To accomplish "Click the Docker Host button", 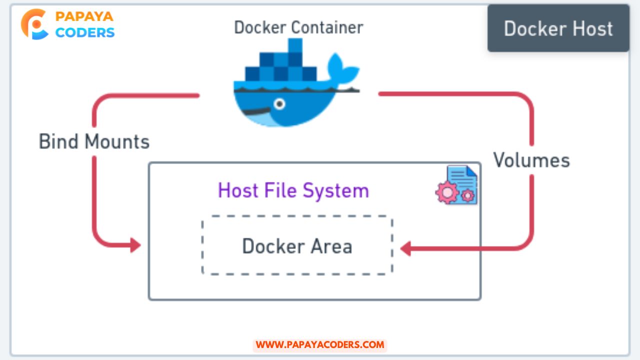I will [558, 28].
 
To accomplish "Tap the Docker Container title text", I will [298, 27].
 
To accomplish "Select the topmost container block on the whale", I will [295, 45].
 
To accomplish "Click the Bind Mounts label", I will [94, 141].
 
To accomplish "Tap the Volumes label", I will [531, 160].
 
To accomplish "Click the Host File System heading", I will [293, 190].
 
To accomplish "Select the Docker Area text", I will [297, 246].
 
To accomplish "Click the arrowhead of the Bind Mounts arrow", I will [135, 245].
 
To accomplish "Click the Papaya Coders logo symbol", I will [34, 24].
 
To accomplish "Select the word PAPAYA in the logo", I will [84, 16].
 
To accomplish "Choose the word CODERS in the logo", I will [85, 32].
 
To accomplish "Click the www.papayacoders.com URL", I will [320, 344].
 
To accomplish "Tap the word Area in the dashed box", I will [331, 246].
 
